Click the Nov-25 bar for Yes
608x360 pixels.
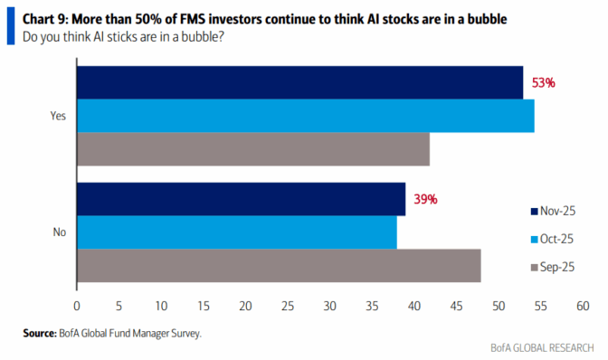(299, 82)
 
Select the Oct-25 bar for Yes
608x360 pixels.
(305, 116)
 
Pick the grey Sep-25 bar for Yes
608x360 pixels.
(252, 149)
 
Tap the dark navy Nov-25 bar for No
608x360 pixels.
(241, 199)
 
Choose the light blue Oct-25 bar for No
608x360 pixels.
(236, 232)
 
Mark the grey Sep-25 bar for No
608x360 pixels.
(278, 266)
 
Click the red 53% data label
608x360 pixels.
(543, 82)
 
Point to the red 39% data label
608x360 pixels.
(425, 199)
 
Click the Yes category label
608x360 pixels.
(59, 116)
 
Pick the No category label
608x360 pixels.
(60, 232)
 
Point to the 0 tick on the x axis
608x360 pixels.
(77, 306)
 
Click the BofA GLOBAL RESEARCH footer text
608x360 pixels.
(543, 347)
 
